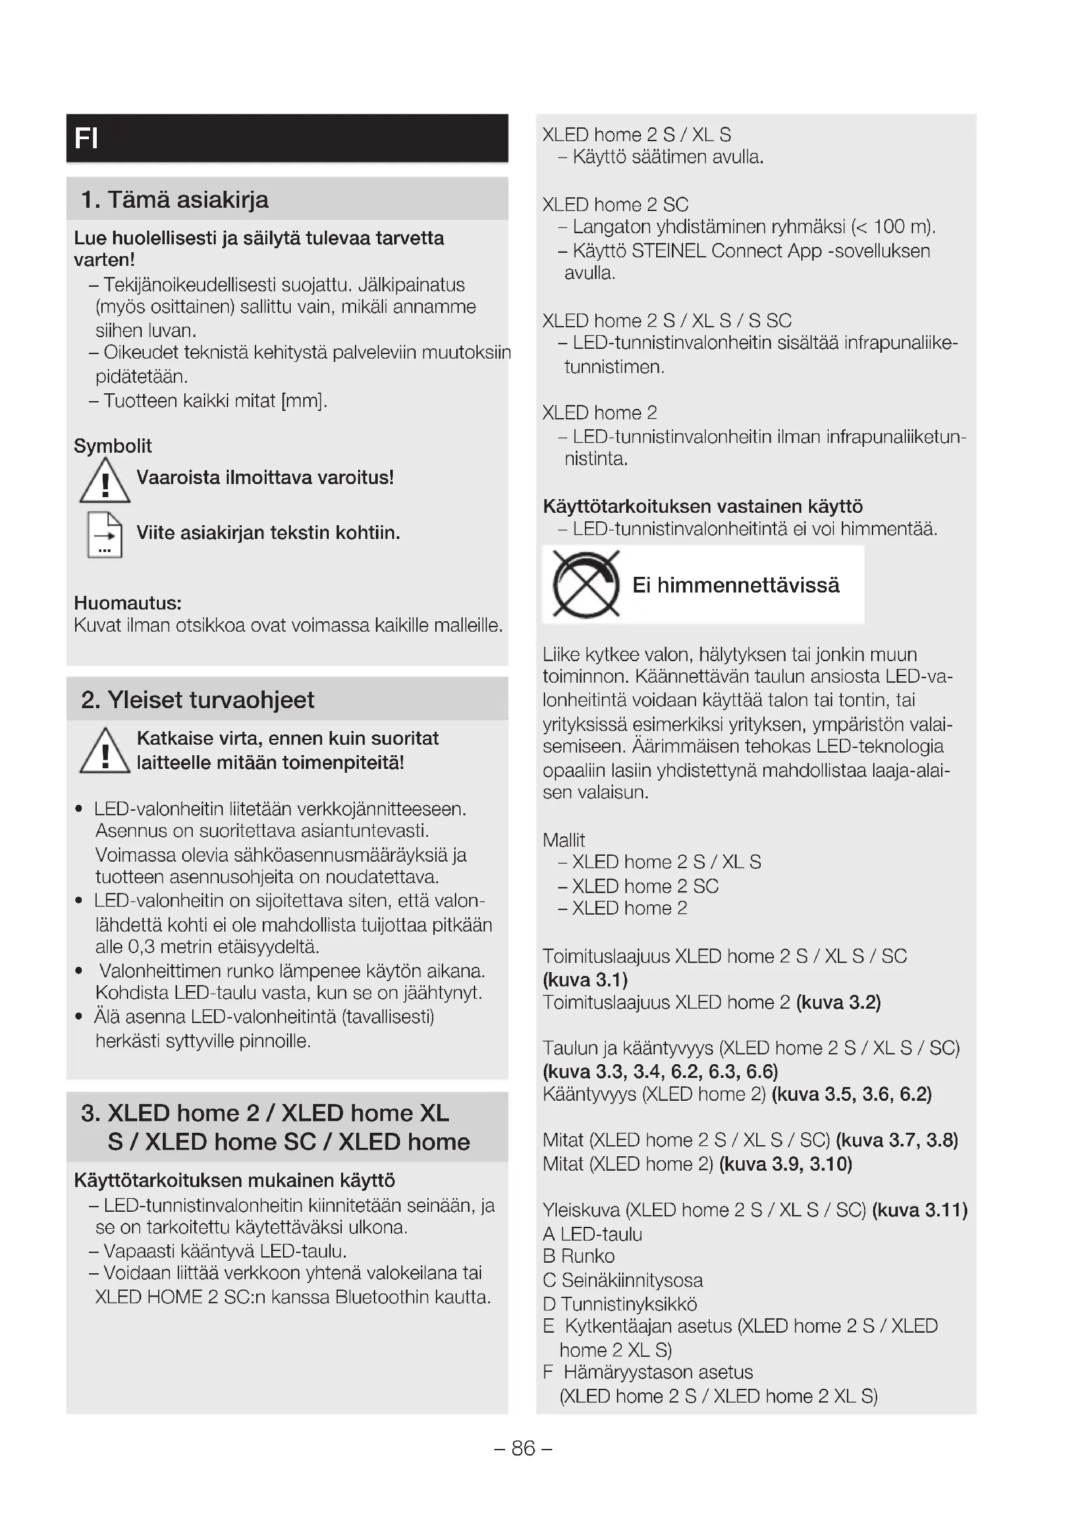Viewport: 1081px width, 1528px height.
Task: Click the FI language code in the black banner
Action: [86, 138]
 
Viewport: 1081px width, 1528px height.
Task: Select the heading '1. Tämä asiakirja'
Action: [175, 200]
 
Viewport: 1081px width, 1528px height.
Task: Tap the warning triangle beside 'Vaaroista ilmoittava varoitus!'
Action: [105, 481]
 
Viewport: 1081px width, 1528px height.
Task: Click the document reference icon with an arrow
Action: [105, 534]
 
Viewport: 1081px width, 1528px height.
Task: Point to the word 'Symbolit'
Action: [112, 446]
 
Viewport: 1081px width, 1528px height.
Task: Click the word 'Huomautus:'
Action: [128, 603]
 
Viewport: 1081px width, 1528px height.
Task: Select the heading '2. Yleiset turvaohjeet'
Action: [197, 700]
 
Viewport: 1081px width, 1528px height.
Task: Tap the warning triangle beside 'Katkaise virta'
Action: [105, 751]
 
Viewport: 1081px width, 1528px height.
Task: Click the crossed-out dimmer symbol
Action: [586, 585]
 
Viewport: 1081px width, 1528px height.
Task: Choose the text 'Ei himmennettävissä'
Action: [735, 585]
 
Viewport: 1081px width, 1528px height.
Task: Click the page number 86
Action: [524, 1448]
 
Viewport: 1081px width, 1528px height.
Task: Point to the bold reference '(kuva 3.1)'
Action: [585, 980]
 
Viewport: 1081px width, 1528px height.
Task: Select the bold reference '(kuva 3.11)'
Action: [920, 1210]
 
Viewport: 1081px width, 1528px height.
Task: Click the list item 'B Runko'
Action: [578, 1256]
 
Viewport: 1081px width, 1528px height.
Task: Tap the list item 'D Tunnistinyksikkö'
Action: [620, 1304]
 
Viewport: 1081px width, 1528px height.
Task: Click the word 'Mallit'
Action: [564, 840]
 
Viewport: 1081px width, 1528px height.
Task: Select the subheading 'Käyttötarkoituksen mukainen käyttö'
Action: [235, 1180]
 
